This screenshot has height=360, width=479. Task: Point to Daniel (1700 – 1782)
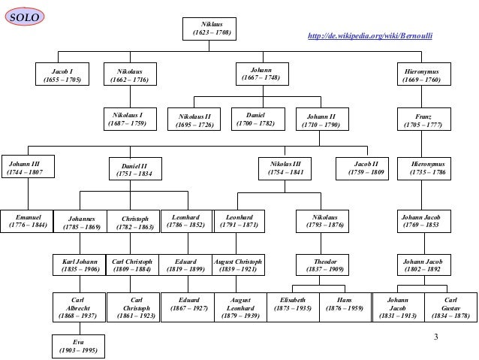pos(256,119)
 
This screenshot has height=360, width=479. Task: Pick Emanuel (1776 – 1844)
pos(28,219)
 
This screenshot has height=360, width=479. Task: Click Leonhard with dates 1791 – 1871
pos(241,219)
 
